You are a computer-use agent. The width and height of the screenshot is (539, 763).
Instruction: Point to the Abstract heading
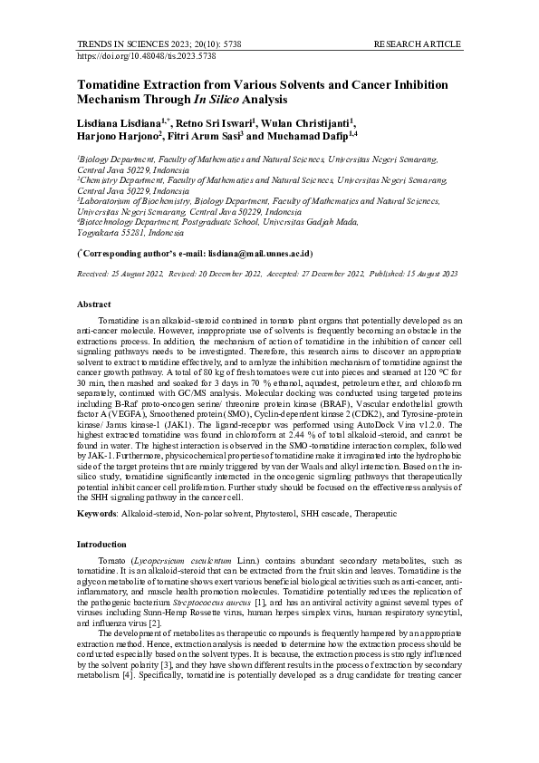(94, 304)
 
